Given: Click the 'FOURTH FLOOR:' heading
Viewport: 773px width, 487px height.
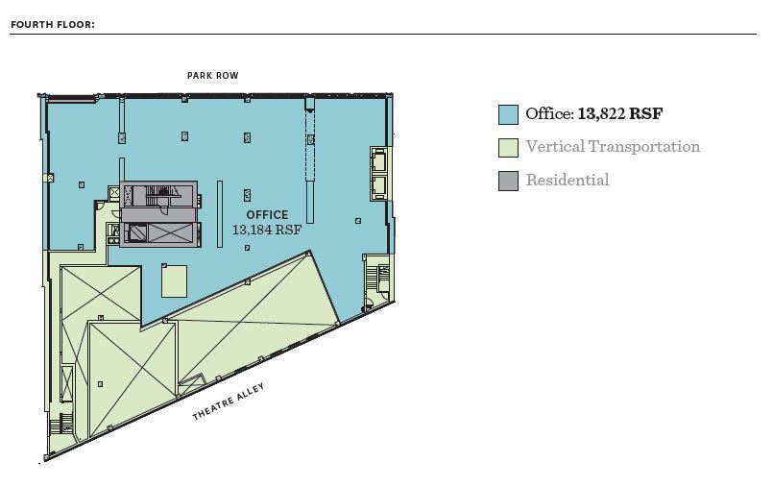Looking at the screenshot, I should coord(53,25).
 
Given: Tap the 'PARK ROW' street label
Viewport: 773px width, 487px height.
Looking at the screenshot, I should coord(213,76).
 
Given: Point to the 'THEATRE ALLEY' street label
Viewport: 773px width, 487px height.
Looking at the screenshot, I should coord(229,402).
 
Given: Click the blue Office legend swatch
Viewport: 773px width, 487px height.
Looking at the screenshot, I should coord(508,115).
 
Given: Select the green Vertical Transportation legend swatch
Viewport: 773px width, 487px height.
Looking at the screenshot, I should coord(508,148).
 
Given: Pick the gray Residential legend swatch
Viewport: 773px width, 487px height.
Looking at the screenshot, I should coord(508,180).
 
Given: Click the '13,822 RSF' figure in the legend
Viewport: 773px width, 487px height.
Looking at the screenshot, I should coord(620,114).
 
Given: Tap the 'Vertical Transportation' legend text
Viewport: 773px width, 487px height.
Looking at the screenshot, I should coord(613,147).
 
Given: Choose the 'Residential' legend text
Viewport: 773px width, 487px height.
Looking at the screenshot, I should coord(567,180).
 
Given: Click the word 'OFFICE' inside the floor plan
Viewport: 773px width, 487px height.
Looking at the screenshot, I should coord(267,215).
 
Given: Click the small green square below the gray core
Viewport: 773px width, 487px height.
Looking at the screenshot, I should coord(175,281).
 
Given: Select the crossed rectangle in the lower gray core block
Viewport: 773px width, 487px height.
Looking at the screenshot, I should coord(160,232).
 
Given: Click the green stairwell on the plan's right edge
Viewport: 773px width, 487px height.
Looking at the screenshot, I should coord(376,278).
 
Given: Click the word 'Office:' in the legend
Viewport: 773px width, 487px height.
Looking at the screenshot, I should coord(549,114).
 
